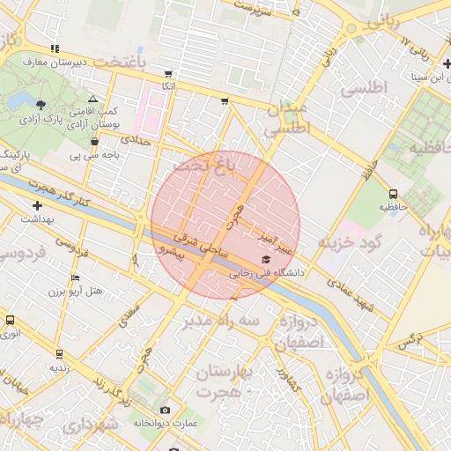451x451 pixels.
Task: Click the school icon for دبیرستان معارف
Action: coord(55,48)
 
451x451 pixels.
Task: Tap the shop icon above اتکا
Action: coord(168,74)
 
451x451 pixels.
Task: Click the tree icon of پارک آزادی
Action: coord(41,105)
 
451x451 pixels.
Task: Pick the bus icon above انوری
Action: coord(11,322)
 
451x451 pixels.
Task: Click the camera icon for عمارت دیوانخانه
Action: coord(165,410)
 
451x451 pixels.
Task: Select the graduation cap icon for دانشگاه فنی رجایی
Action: coord(266,260)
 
